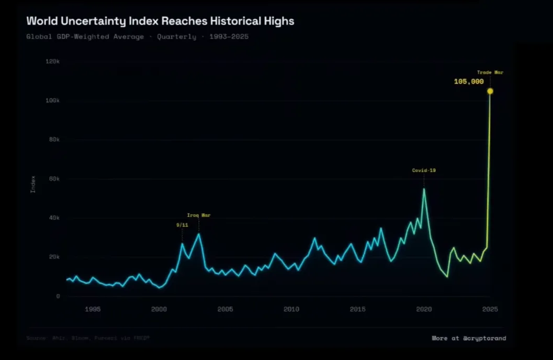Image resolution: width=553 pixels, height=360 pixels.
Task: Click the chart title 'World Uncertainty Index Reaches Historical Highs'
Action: tap(160, 21)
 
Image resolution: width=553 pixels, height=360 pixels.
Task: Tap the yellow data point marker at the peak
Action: tap(490, 91)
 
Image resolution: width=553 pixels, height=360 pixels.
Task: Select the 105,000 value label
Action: tap(469, 82)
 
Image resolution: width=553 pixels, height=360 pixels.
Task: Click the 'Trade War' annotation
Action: tap(490, 72)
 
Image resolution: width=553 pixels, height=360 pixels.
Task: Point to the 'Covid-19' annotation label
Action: tap(424, 170)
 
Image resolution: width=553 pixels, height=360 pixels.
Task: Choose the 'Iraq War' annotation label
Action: tap(199, 215)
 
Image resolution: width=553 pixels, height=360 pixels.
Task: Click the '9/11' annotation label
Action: tap(182, 225)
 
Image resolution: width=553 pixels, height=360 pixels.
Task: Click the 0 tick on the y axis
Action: tap(58, 296)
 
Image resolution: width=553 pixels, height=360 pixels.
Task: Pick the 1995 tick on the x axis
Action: tap(93, 309)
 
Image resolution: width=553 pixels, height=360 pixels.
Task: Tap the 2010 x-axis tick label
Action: tap(291, 309)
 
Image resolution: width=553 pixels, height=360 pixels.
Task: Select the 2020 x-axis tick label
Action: tap(424, 309)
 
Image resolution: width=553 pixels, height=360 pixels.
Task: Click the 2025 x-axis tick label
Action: tap(490, 309)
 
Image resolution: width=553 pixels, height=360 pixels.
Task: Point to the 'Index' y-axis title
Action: tap(33, 184)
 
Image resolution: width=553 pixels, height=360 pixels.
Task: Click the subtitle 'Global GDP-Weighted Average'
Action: tap(85, 37)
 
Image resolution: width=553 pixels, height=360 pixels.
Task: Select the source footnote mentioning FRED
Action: tap(88, 338)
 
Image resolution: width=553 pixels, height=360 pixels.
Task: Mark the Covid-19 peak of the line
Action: tap(424, 189)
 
